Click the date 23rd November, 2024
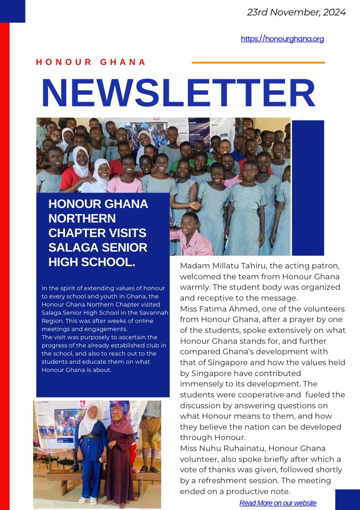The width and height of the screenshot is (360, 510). click(x=296, y=12)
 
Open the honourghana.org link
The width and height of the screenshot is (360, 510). click(x=282, y=39)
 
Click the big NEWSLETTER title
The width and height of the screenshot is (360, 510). click(x=178, y=93)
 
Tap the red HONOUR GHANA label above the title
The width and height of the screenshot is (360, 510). click(x=91, y=62)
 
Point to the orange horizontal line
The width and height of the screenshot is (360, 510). click(x=258, y=63)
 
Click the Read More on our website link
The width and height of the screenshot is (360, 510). click(x=278, y=503)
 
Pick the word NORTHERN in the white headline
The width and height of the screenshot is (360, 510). click(x=82, y=218)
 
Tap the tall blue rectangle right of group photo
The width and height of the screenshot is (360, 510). click(x=308, y=188)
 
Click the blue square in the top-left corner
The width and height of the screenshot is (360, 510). click(x=12, y=11)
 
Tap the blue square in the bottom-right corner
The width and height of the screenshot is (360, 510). click(x=347, y=500)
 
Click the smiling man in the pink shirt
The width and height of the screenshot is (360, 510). click(x=193, y=234)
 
